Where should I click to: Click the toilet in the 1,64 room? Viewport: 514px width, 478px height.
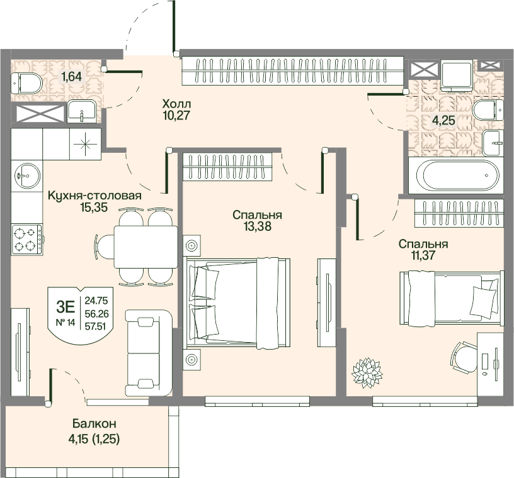click(26, 83)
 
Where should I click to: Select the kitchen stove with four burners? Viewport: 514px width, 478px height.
click(27, 240)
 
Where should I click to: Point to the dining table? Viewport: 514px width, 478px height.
click(146, 247)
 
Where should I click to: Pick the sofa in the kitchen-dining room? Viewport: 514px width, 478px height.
click(149, 353)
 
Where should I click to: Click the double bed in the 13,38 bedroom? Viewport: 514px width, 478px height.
click(238, 303)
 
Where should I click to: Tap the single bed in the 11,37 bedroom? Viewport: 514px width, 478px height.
click(452, 298)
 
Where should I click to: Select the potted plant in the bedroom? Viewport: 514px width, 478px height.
click(367, 372)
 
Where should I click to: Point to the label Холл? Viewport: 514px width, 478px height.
click(176, 104)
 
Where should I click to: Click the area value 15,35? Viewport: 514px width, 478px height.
click(94, 207)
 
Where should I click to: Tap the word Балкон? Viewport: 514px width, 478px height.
click(94, 424)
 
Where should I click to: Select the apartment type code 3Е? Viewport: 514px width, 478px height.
click(66, 307)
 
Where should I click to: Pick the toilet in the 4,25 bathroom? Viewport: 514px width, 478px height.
click(488, 109)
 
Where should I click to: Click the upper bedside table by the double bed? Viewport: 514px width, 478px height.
click(191, 245)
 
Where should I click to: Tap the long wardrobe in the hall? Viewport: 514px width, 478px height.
click(292, 70)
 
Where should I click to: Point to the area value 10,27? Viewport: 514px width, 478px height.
click(176, 115)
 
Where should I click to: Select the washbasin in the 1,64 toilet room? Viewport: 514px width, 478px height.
click(82, 112)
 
